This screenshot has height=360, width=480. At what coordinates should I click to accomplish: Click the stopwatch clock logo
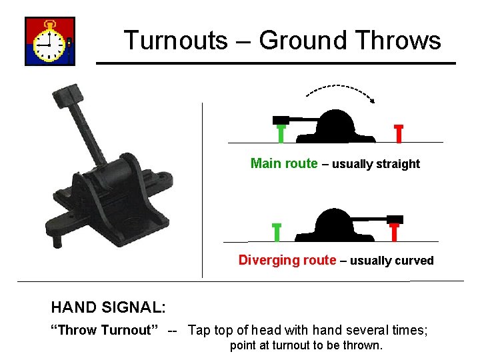click(x=50, y=41)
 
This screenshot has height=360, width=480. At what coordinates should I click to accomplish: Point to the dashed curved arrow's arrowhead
click(x=373, y=101)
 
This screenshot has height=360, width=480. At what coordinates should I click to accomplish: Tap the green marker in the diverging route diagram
click(x=277, y=232)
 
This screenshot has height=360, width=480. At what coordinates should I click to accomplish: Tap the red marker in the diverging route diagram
click(x=394, y=231)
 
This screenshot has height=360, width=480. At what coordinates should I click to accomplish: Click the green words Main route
click(x=283, y=163)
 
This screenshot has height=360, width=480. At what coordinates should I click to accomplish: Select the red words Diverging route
click(x=287, y=260)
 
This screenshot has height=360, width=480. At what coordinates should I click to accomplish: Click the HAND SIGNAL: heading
click(x=109, y=307)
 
